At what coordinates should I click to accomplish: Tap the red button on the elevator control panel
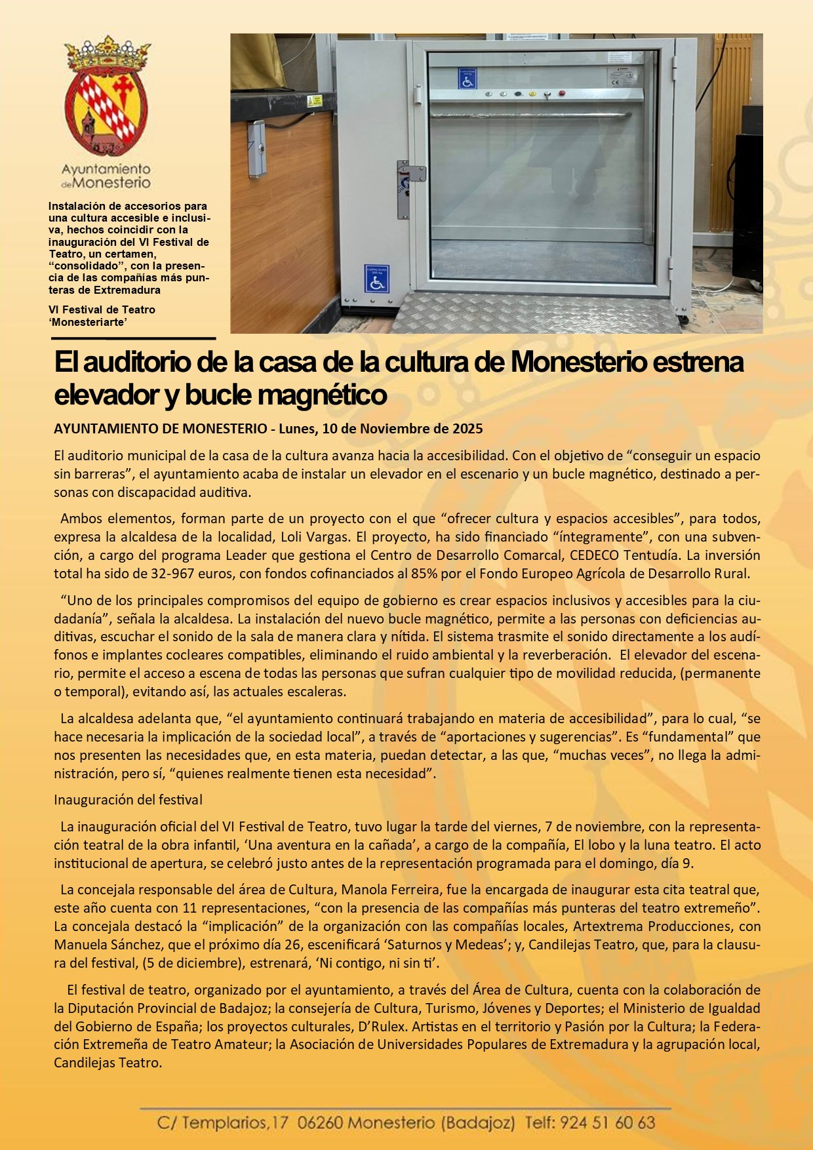pos(561,94)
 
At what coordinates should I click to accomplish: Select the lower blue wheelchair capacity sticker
pos(376,279)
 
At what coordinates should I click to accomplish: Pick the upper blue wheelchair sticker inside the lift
pos(467,79)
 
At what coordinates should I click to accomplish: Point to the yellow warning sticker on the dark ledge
pos(317,101)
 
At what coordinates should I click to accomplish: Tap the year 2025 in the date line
pos(467,429)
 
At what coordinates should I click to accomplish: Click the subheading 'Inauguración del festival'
pos(128,800)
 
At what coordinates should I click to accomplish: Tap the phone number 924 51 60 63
pos(607,1122)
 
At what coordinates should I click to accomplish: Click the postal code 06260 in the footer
pos(320,1122)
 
